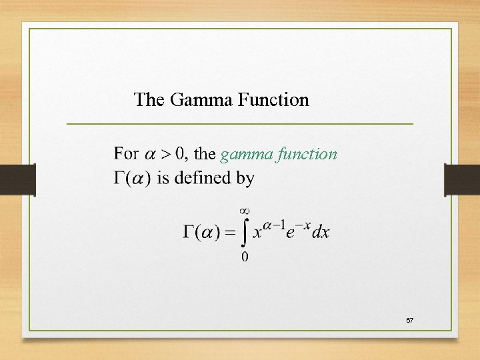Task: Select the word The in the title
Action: point(149,100)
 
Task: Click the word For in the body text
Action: point(127,154)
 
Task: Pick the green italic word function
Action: point(307,154)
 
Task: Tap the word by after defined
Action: point(243,179)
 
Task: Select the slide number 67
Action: point(410,321)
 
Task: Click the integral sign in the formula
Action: point(244,233)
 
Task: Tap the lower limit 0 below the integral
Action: point(245,256)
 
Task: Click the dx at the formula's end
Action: point(321,233)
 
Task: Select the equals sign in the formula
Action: point(229,233)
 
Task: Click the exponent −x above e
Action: point(302,224)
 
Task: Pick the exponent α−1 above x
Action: point(275,224)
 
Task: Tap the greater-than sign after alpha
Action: point(163,155)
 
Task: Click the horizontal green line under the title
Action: point(240,124)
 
